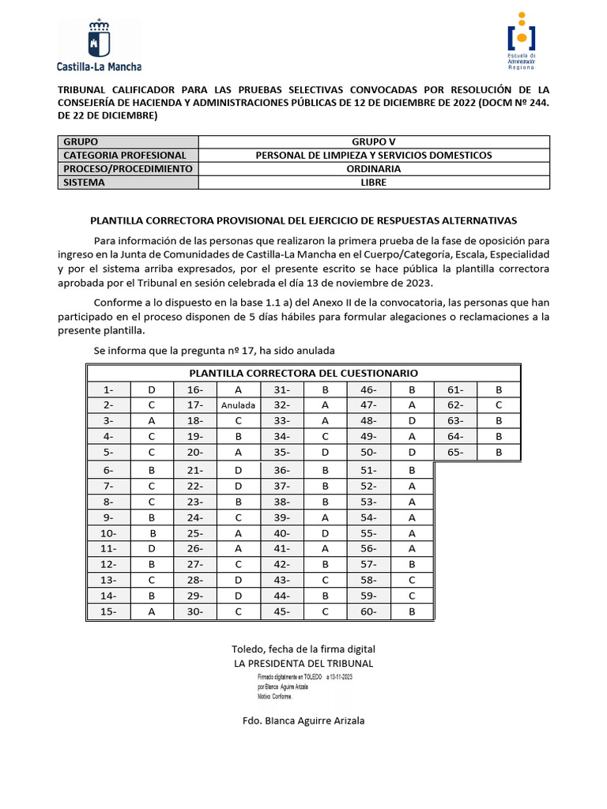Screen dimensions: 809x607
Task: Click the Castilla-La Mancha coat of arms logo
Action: (x=99, y=46)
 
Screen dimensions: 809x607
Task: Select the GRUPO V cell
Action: (x=372, y=142)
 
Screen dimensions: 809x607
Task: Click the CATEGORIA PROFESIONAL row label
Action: (x=126, y=156)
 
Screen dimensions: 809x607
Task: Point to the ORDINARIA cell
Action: (x=372, y=169)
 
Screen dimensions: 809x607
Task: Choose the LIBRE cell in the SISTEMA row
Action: (x=372, y=182)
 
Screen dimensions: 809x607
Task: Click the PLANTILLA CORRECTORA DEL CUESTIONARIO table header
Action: (x=303, y=373)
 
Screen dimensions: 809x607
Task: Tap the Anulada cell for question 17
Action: (x=238, y=405)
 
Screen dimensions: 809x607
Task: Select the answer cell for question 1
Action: (x=152, y=389)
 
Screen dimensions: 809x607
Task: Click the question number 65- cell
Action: (x=455, y=452)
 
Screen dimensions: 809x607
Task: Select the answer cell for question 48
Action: (x=412, y=421)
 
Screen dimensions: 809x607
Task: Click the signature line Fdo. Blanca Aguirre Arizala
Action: (x=303, y=721)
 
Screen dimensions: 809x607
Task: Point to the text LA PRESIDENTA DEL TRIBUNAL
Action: (x=303, y=664)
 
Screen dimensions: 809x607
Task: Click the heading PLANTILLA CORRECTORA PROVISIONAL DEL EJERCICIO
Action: (x=303, y=220)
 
